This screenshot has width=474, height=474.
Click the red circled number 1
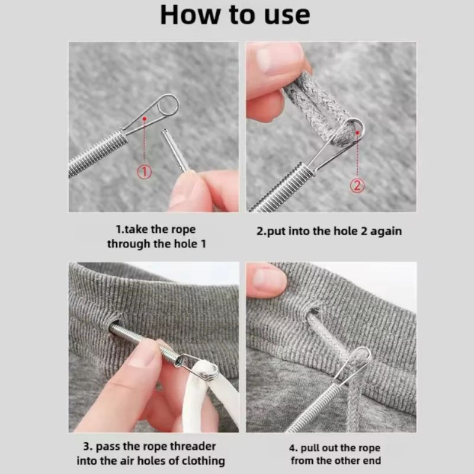[144, 172]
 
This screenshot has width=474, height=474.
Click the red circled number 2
[357, 185]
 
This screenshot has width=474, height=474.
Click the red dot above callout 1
[145, 119]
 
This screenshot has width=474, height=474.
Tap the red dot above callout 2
[357, 133]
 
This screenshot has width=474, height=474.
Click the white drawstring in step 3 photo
[212, 399]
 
